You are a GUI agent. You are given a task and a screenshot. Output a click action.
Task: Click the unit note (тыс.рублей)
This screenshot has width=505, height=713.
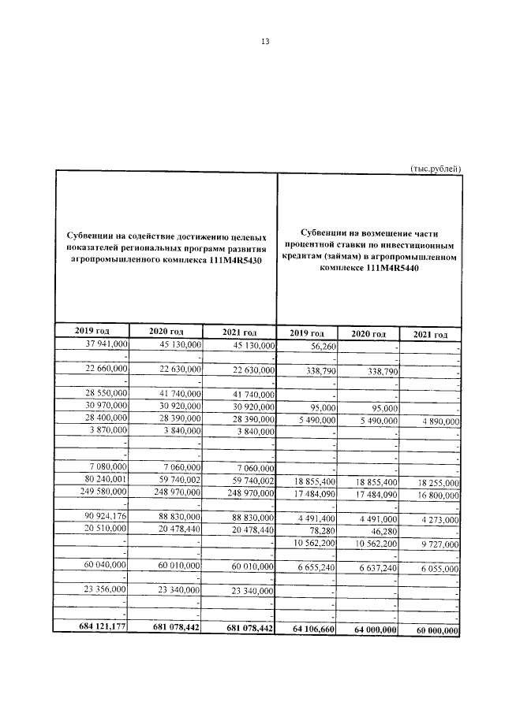point(436,168)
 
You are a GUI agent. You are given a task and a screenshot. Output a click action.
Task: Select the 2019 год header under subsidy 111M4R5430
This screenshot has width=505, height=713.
point(92,332)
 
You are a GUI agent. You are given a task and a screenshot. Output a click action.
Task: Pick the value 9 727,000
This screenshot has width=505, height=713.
point(436,544)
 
